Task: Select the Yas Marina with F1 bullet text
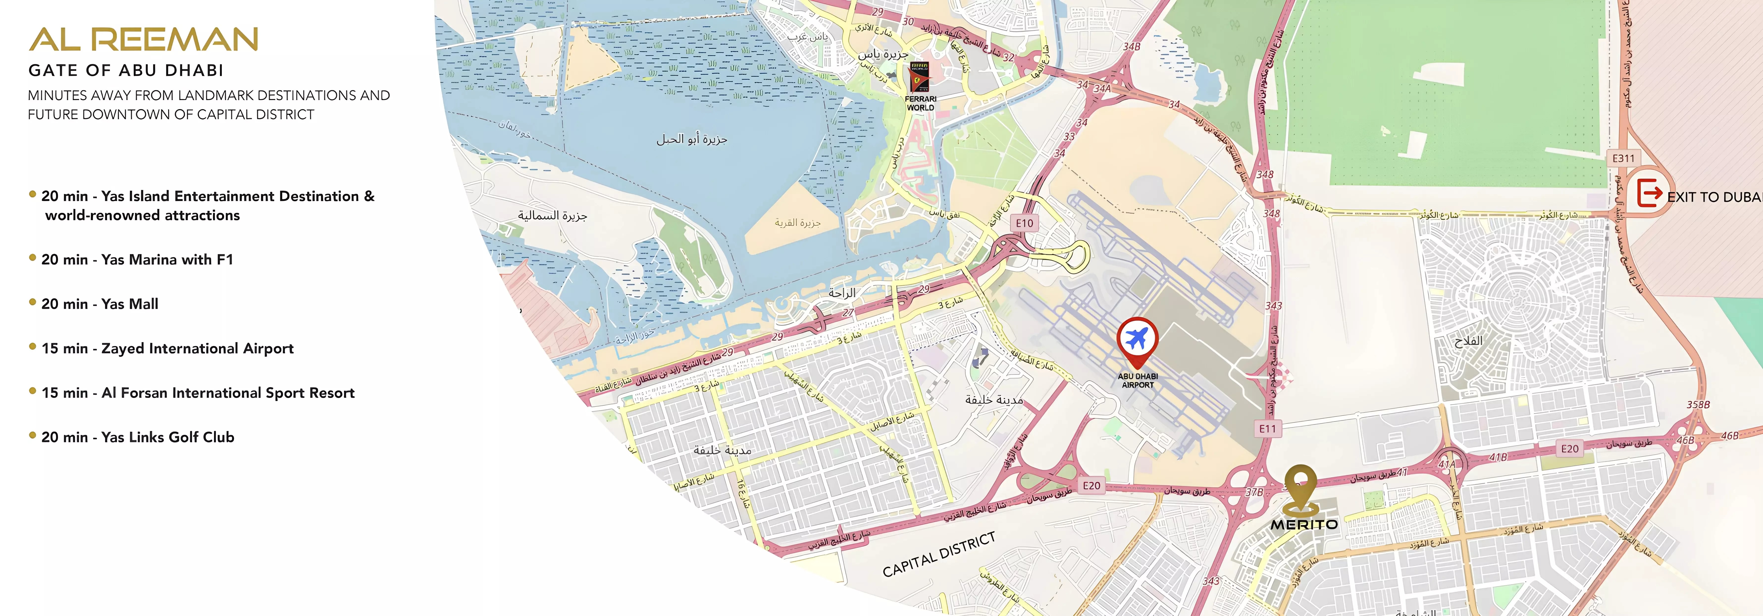click(x=137, y=259)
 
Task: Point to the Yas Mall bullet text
click(x=100, y=304)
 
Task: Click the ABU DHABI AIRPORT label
click(x=1138, y=381)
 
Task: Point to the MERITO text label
click(x=1304, y=524)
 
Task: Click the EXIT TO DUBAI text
click(x=1714, y=197)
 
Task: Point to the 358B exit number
click(x=1698, y=405)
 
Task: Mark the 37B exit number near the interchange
click(x=1254, y=492)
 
